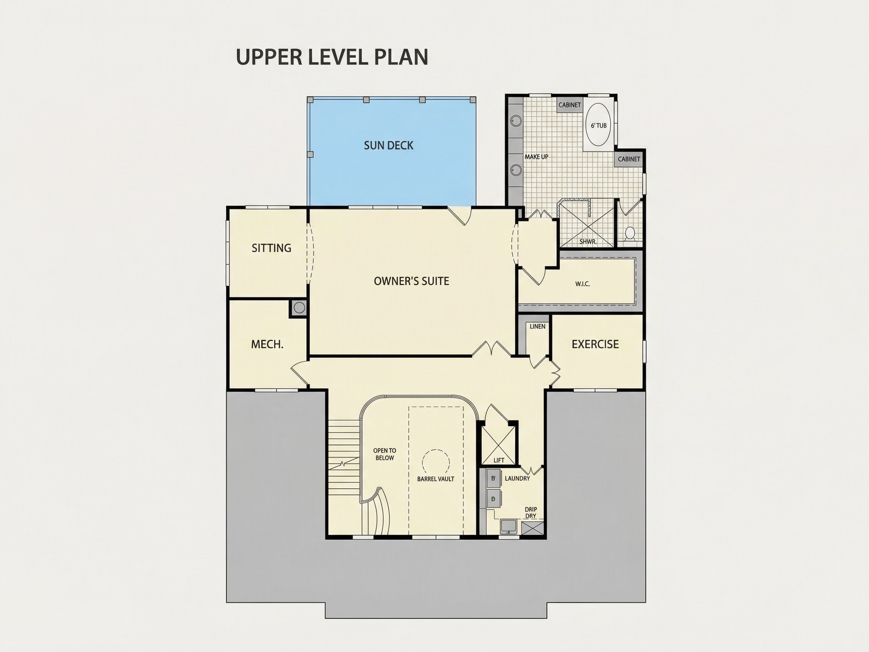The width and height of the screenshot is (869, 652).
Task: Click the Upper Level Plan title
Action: (x=332, y=57)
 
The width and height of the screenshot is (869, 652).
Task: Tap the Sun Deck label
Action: (x=388, y=145)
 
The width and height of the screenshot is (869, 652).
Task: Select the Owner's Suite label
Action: (x=411, y=281)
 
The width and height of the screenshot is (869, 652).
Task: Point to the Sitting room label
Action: (x=272, y=248)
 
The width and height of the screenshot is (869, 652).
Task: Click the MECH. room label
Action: (x=267, y=344)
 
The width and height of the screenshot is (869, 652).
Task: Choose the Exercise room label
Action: (x=595, y=344)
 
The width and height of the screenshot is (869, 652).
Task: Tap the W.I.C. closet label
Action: (x=583, y=284)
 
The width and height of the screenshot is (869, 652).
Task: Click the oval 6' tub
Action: (x=598, y=125)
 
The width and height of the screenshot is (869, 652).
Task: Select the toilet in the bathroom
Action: (x=630, y=233)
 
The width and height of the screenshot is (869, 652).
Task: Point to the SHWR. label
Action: (x=588, y=242)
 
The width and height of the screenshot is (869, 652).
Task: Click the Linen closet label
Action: (x=537, y=326)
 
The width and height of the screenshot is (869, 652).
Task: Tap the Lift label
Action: (x=499, y=460)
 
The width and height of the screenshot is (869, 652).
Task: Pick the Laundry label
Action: (x=517, y=478)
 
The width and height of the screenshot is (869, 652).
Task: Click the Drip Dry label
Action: (x=531, y=512)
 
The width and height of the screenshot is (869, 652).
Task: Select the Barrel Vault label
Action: (x=436, y=479)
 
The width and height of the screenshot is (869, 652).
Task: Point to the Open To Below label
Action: (x=385, y=454)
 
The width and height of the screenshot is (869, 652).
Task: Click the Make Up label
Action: (x=536, y=157)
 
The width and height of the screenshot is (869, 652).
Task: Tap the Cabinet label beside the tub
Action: (x=569, y=105)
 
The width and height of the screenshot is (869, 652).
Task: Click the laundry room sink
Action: (x=510, y=526)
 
